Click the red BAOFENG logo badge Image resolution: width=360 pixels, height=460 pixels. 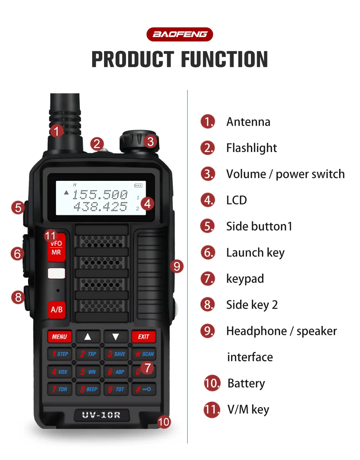click(x=180, y=35)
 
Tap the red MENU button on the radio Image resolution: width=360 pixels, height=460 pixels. click(x=59, y=337)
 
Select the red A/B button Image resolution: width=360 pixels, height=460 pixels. click(x=57, y=310)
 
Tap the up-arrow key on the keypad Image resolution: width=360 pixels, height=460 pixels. click(x=87, y=337)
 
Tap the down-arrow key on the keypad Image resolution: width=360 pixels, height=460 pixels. click(x=116, y=337)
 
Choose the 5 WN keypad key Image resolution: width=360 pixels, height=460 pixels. click(x=88, y=372)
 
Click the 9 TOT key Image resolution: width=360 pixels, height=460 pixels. click(x=116, y=389)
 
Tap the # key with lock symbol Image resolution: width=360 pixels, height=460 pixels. click(x=143, y=389)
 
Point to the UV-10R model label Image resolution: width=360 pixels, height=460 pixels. click(x=101, y=415)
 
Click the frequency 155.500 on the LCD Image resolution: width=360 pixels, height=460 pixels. click(x=100, y=195)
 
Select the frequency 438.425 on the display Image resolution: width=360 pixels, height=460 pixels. click(x=100, y=207)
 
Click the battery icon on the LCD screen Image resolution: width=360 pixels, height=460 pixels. click(x=138, y=186)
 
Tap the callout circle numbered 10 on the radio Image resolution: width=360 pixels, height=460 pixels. click(x=164, y=422)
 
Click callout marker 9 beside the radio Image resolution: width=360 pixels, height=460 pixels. click(x=176, y=267)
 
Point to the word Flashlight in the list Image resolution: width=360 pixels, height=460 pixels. click(x=251, y=148)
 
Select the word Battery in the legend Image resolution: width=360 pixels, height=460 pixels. click(x=246, y=383)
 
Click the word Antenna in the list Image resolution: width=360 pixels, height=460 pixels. click(x=248, y=122)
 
